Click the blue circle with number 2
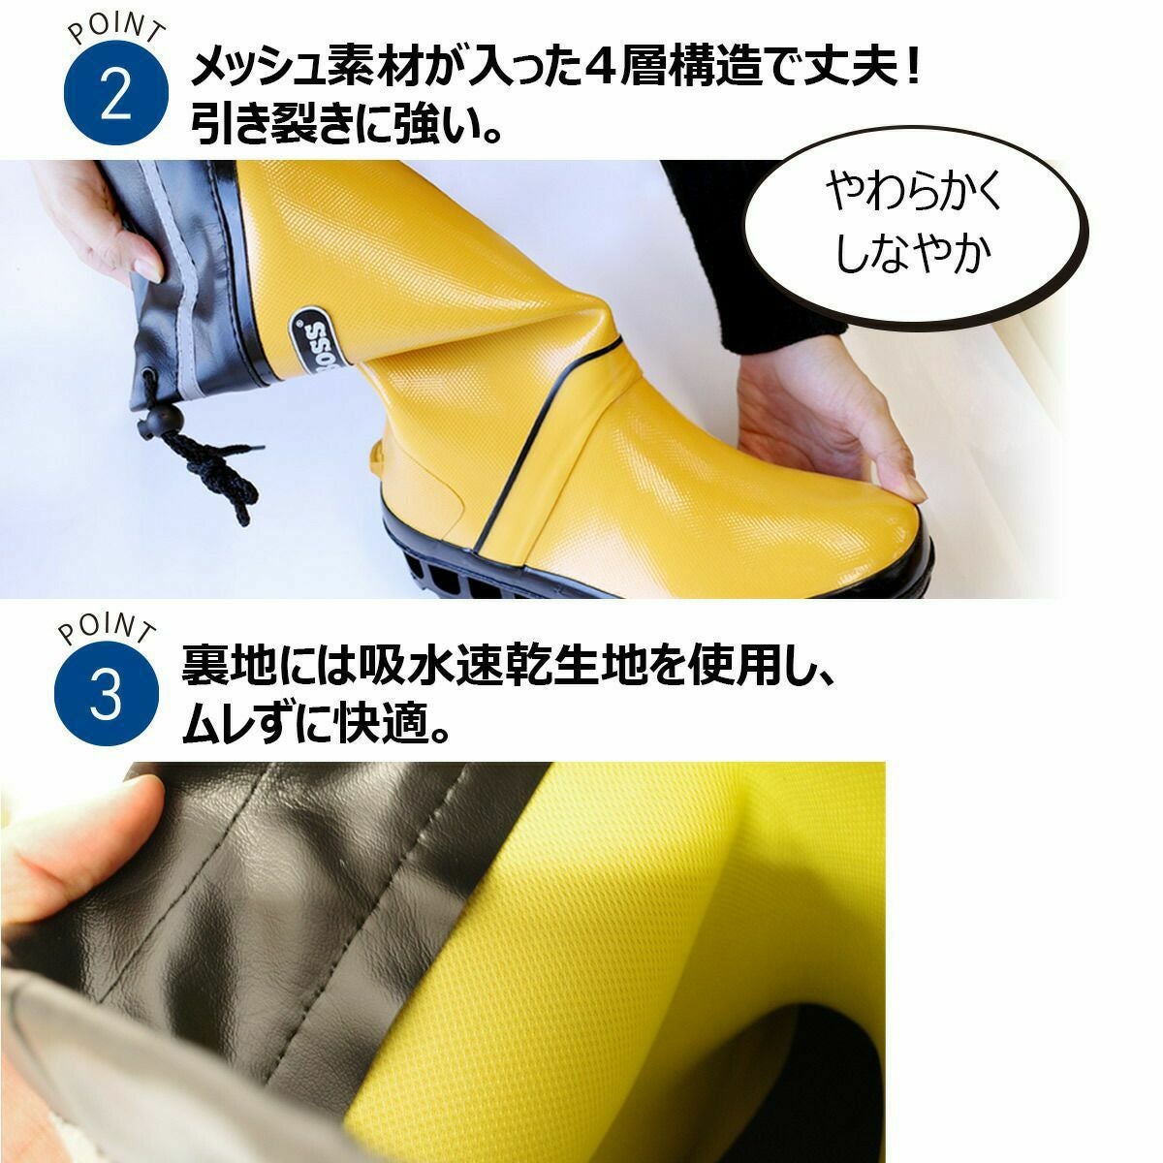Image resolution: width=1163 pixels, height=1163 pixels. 116,92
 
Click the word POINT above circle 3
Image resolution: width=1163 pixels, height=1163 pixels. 108,630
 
